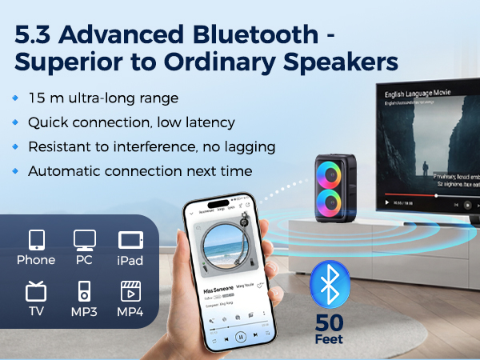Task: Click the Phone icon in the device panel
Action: coord(36,241)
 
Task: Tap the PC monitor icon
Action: coord(83,241)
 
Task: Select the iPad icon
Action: coord(130,241)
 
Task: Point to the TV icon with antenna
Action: coord(36,290)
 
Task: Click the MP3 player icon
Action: coord(83,290)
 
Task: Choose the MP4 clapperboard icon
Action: coord(130,290)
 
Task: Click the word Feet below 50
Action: coord(330,340)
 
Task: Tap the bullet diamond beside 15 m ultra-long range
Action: coord(15,99)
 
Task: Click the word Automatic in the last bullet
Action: coord(62,171)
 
